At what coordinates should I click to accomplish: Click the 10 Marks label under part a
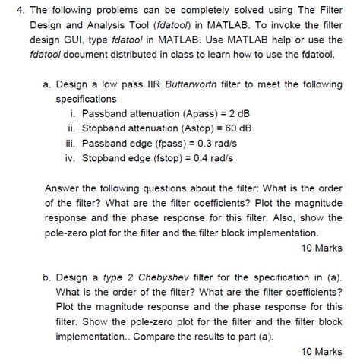pyautogui.click(x=321, y=248)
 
